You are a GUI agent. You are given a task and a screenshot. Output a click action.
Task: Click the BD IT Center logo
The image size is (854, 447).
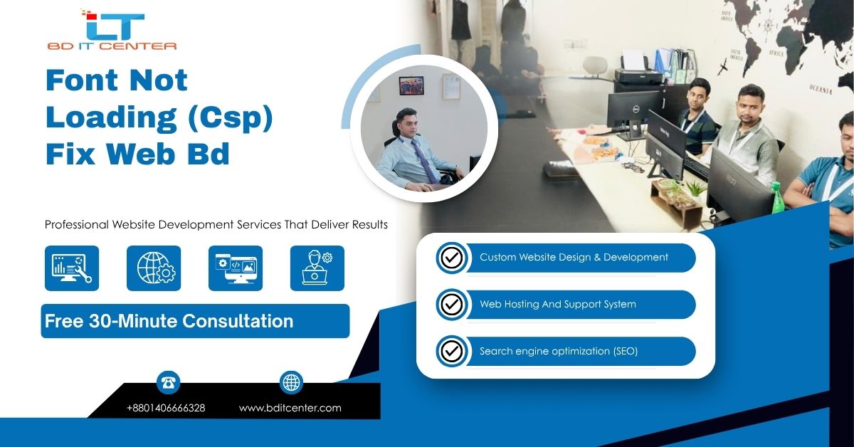pos(112,30)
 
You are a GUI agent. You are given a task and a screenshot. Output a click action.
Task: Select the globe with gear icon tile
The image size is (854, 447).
pos(154,268)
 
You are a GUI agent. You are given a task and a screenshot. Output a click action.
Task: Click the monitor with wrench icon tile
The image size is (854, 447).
pos(72,268)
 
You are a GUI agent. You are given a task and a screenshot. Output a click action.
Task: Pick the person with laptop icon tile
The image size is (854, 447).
pos(317,268)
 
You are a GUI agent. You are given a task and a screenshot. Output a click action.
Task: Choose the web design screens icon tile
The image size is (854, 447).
pos(236,268)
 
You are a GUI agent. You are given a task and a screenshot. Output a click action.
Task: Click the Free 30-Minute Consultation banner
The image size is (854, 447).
pos(195,321)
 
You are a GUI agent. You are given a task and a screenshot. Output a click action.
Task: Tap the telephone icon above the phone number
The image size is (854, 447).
pos(168,382)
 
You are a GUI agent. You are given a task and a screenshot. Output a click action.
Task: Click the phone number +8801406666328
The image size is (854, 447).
pos(166,408)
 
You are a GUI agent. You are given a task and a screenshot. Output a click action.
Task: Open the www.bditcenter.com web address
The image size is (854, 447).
pos(290,408)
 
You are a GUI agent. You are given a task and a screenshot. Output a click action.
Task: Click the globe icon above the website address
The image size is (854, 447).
pos(291,382)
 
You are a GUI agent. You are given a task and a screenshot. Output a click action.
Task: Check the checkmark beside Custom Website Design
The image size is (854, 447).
pos(452,258)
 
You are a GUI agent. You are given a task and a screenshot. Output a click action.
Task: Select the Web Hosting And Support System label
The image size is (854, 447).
pos(558,304)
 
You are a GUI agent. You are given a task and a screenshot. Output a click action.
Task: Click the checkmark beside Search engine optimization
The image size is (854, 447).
pos(452,352)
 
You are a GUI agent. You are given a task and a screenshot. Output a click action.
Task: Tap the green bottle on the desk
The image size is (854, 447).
pos(776,198)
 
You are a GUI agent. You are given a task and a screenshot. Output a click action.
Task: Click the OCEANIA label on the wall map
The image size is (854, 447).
pos(821,89)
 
